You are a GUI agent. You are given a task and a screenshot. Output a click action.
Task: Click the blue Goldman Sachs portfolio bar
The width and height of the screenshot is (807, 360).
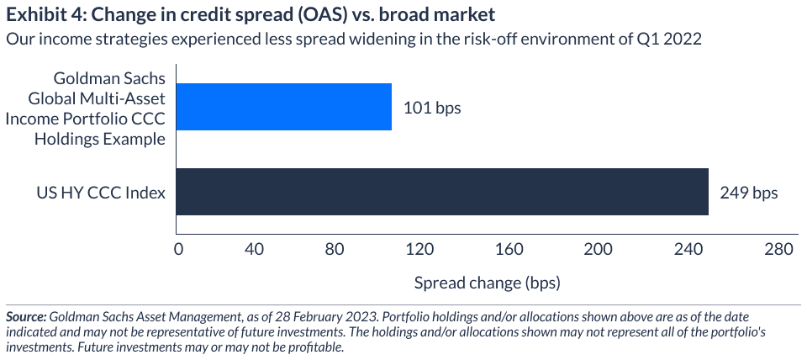[283, 107]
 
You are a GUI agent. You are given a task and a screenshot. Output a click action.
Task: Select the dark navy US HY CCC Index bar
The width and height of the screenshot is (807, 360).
[442, 192]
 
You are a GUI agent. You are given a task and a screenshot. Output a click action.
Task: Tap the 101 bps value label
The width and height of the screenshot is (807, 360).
[432, 108]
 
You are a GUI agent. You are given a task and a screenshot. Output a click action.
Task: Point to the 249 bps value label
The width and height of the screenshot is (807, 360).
[749, 193]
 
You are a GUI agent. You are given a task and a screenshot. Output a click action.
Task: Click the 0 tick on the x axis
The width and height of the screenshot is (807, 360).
[178, 250]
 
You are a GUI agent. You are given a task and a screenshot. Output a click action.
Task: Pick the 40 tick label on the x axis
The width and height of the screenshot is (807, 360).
[254, 250]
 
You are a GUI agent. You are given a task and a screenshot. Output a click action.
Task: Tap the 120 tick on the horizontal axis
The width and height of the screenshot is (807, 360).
[419, 250]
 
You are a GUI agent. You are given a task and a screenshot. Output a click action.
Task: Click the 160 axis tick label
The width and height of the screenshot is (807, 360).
[509, 250]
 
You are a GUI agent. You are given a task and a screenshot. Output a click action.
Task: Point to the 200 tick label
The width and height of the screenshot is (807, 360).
[599, 250]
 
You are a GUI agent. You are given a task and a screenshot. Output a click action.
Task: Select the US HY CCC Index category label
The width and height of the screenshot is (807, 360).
[100, 193]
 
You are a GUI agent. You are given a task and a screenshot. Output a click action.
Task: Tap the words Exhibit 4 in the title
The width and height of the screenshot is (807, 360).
[39, 14]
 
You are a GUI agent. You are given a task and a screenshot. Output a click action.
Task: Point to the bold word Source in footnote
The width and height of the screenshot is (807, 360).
[25, 317]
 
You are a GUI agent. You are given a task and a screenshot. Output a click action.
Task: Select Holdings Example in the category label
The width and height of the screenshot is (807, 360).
[100, 139]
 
